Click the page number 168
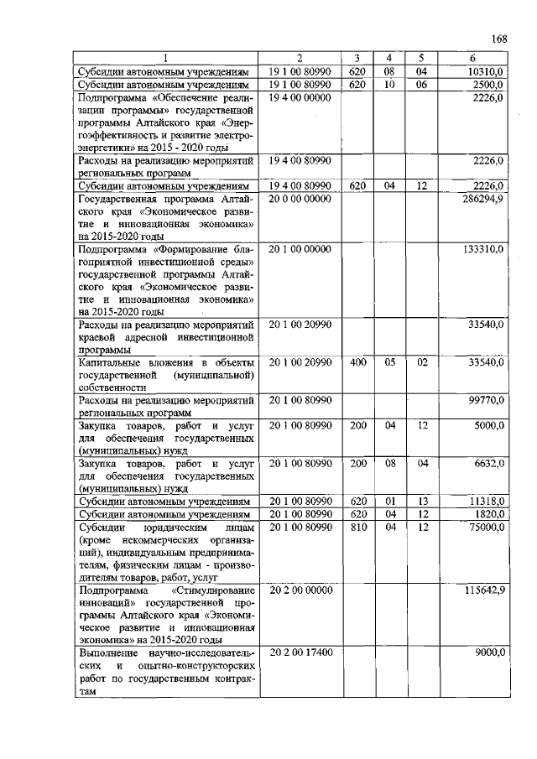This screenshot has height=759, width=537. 498,39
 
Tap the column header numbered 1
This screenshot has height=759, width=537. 165,58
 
